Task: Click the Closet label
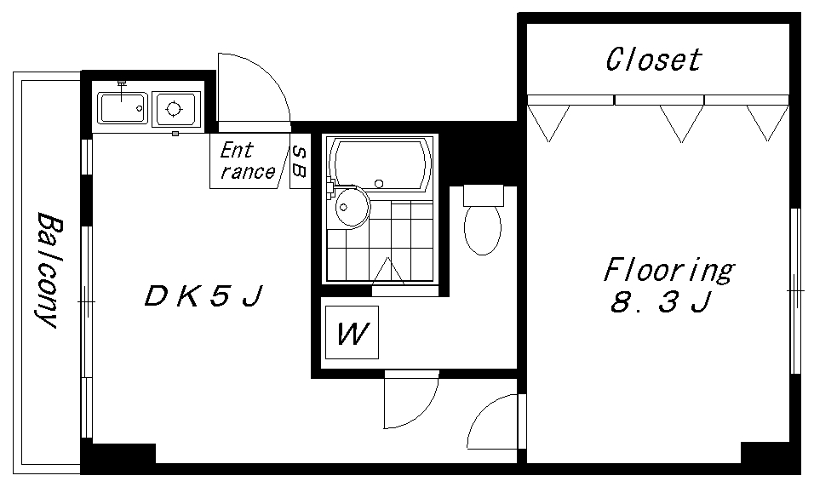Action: tap(654, 60)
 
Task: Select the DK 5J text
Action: tap(203, 296)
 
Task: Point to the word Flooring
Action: tap(668, 270)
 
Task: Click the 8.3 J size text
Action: tap(660, 302)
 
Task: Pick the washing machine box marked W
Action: tap(352, 332)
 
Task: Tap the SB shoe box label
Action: tap(300, 162)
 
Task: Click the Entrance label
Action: tap(247, 161)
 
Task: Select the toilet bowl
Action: tap(483, 230)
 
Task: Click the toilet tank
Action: tap(484, 195)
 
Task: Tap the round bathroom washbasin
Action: tap(352, 207)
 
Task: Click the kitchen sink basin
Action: tap(122, 108)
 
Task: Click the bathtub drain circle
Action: tap(379, 183)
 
